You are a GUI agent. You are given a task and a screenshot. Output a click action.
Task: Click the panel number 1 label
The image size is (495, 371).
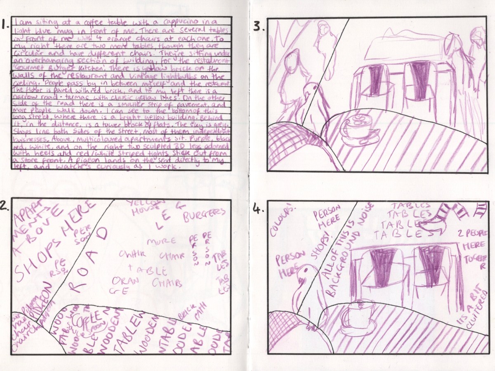(x=5, y=25)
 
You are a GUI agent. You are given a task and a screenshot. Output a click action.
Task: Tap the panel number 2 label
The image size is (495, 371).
(x=5, y=207)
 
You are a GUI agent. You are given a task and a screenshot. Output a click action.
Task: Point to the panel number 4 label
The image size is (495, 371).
(x=259, y=209)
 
